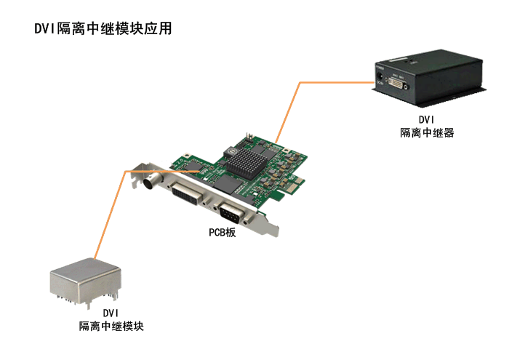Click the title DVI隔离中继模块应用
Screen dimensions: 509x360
103,28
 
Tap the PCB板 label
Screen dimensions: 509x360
222,233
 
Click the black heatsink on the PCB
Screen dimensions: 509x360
247,163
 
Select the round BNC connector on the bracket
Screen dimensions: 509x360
152,182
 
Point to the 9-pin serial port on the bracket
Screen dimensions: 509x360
232,213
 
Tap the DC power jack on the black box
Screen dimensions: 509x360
379,77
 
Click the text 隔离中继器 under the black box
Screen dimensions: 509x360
427,133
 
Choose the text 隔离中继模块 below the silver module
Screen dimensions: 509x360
111,326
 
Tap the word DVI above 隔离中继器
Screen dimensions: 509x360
427,120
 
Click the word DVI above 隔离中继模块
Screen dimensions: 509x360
111,313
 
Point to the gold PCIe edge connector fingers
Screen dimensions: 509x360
294,185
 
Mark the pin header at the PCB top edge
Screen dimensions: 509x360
249,137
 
